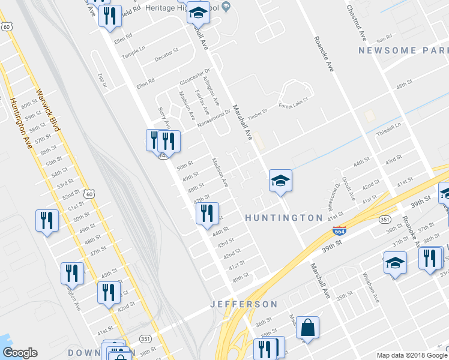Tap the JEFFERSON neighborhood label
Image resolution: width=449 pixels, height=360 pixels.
[x=244, y=304]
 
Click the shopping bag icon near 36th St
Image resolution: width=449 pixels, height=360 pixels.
[x=307, y=328]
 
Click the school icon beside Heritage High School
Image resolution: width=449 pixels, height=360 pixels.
[x=198, y=11]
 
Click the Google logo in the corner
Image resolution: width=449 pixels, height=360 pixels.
[x=20, y=353]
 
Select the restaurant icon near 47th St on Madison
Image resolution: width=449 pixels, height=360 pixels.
[x=206, y=212]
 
